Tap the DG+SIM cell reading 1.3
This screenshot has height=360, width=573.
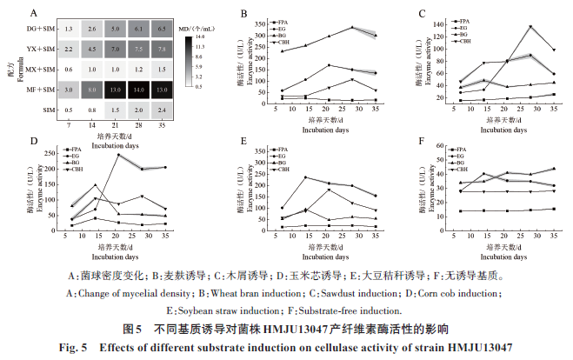pyautogui.click(x=68, y=30)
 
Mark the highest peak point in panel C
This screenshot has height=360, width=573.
pyautogui.click(x=530, y=27)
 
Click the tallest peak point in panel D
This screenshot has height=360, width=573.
pyautogui.click(x=117, y=155)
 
